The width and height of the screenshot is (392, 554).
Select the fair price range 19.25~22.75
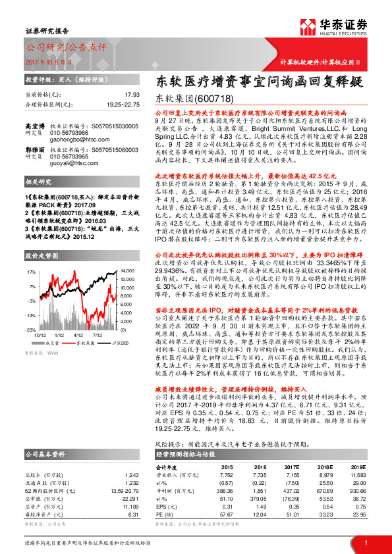tap(123, 104)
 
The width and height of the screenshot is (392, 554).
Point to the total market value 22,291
tap(132, 500)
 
